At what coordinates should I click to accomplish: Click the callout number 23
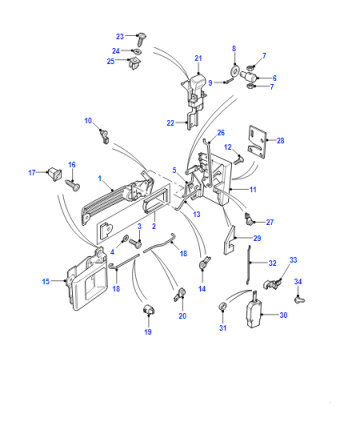tap(120, 36)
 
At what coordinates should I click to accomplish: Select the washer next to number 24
tap(137, 51)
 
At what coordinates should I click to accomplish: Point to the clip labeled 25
tap(134, 63)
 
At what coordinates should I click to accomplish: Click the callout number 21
tap(198, 58)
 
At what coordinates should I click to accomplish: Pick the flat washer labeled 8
tap(235, 71)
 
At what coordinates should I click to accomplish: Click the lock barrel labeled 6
tap(248, 76)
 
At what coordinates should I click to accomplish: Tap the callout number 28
tap(280, 141)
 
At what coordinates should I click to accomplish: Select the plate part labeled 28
tap(258, 141)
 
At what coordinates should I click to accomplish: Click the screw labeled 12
tap(237, 160)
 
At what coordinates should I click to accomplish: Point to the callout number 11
tap(253, 189)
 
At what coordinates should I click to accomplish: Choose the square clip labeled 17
tap(55, 174)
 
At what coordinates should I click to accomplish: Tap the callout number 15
tap(46, 281)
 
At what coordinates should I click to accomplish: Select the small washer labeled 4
tap(126, 239)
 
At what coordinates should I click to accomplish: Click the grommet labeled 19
tap(148, 309)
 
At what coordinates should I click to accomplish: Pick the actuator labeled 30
tap(253, 310)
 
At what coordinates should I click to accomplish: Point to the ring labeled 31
tap(222, 306)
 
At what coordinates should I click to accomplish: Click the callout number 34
tap(298, 282)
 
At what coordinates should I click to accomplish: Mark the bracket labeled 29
tap(229, 239)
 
